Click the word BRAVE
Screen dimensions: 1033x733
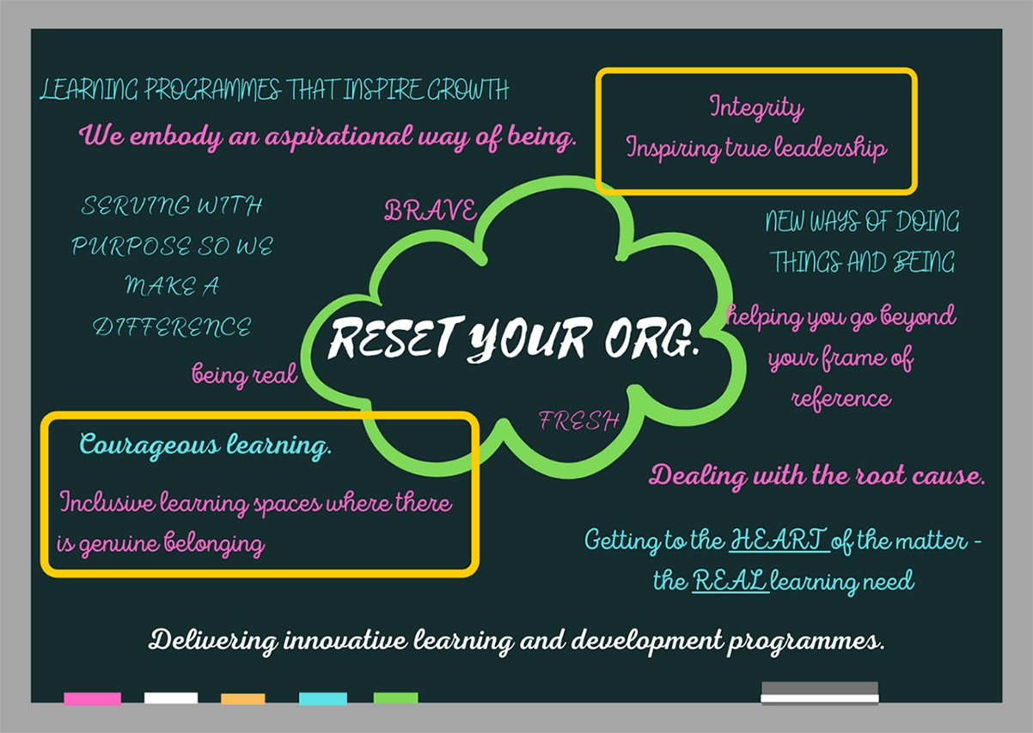tap(431, 211)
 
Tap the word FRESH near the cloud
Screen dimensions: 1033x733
tap(579, 421)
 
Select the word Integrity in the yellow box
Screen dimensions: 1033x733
tap(757, 108)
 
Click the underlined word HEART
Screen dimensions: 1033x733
tap(779, 539)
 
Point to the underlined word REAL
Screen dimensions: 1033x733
tap(730, 580)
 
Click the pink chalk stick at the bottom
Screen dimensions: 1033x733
tap(92, 699)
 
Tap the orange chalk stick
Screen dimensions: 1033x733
tap(243, 699)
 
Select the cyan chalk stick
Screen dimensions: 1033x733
tap(323, 699)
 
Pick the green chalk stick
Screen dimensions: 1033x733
tap(395, 698)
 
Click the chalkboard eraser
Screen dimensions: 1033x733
tap(820, 693)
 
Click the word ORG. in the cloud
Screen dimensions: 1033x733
tap(651, 338)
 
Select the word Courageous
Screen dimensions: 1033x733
tap(150, 445)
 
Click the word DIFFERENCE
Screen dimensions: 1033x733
tap(172, 327)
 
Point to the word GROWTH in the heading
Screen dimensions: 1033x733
tap(468, 89)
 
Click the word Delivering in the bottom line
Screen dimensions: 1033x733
tap(213, 641)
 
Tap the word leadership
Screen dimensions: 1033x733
tap(830, 148)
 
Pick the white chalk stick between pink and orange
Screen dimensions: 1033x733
tap(171, 698)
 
